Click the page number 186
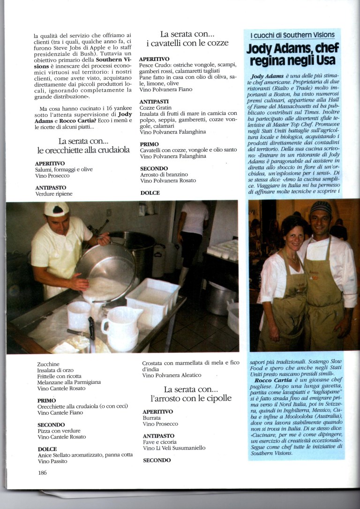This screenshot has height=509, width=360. (43, 472)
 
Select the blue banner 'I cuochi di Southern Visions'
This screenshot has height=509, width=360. (292, 35)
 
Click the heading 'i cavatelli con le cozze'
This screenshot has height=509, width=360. (187, 43)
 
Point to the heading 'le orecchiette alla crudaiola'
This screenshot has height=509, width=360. (83, 151)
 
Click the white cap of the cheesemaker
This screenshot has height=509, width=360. (56, 209)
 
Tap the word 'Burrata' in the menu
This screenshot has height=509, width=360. (151, 418)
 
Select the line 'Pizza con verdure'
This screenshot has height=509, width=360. (59, 431)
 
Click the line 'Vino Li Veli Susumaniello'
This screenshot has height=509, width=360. (174, 448)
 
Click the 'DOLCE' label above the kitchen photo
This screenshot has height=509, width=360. (150, 193)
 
